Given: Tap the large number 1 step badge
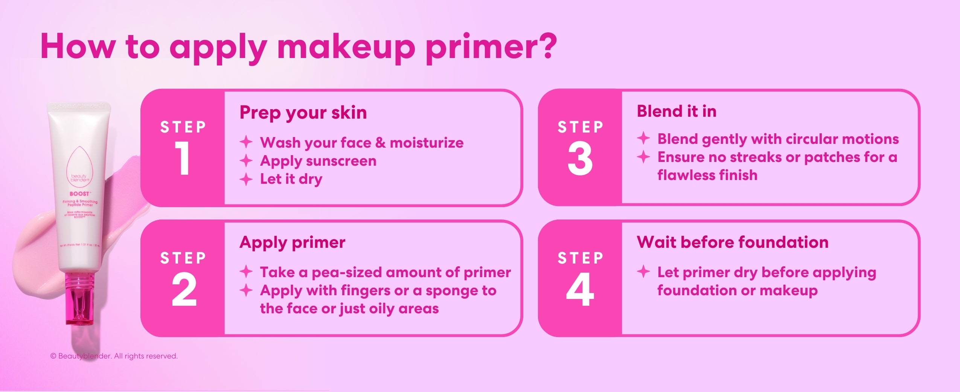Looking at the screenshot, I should click(183, 159).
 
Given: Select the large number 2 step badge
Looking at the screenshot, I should click(184, 289).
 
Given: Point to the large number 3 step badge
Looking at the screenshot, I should click(580, 159).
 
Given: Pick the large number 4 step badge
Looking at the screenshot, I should click(580, 289).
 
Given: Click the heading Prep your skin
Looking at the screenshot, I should click(303, 112).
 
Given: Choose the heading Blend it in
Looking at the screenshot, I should click(676, 111).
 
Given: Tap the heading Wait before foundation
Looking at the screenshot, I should click(732, 242).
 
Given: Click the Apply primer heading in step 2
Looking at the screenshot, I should click(292, 242).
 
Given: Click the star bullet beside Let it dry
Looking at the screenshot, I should click(246, 179).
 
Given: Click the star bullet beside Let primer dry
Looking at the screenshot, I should click(643, 271).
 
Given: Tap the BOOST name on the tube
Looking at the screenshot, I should click(79, 194).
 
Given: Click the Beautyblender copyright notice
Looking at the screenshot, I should click(114, 356).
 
